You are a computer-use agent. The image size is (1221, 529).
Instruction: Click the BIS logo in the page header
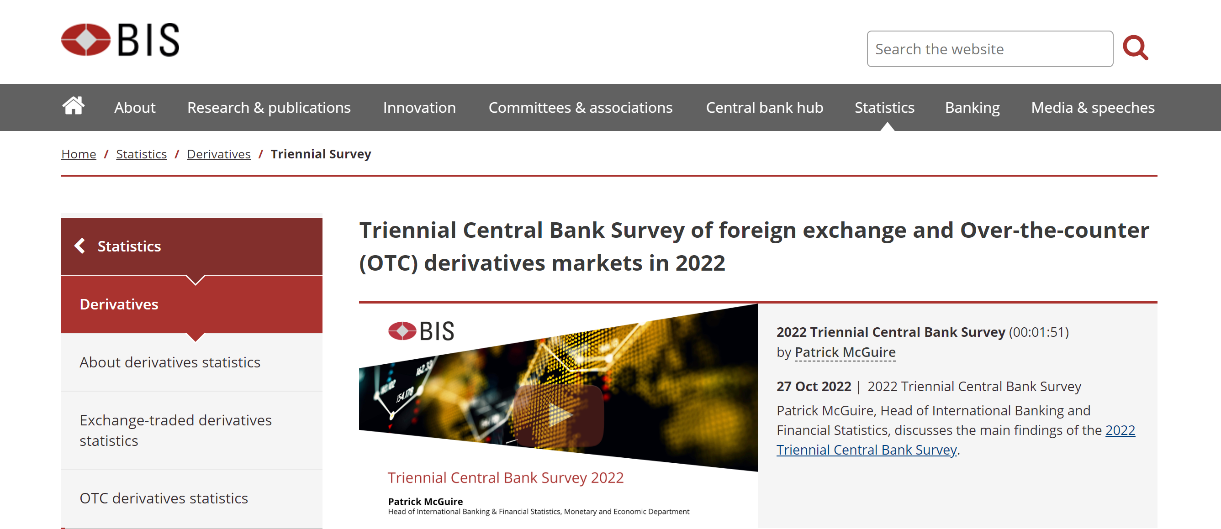121,40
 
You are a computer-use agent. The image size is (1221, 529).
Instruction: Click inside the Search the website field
990,49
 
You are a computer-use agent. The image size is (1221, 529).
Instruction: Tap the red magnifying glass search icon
1135,48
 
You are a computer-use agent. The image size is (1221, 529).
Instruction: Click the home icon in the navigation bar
74,106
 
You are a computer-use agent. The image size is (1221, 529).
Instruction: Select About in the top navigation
135,108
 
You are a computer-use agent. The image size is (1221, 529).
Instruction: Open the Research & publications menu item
269,108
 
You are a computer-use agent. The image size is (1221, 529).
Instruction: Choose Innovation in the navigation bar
419,108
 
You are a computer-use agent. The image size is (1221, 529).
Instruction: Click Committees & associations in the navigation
581,108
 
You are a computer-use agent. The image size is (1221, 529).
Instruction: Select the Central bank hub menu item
765,108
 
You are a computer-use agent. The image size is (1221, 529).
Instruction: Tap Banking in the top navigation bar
972,108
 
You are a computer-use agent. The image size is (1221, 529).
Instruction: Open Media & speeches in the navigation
1093,108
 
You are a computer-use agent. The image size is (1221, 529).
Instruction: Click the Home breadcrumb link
79,154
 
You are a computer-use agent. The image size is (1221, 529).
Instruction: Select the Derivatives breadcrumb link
218,154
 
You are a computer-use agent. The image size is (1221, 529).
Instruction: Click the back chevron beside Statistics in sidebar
79,246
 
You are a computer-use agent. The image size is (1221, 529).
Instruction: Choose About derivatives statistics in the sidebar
169,362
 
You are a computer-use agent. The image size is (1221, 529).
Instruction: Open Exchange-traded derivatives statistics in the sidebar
175,430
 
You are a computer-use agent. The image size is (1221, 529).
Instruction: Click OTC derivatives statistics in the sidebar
164,498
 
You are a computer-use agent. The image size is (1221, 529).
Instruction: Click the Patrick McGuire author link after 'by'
845,352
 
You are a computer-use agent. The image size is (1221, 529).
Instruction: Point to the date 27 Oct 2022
814,387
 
